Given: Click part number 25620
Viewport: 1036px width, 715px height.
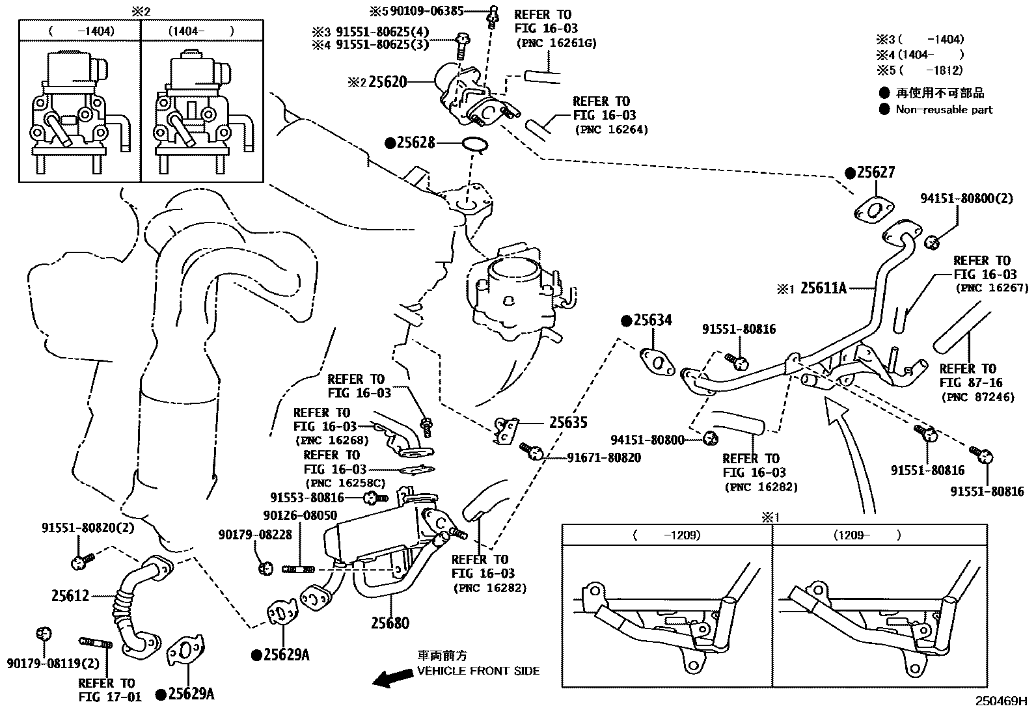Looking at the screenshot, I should (x=388, y=82).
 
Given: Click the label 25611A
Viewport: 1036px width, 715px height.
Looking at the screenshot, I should (x=823, y=288).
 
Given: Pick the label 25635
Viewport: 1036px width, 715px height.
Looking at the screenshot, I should (x=568, y=423).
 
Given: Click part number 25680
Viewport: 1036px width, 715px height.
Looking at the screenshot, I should (x=390, y=623).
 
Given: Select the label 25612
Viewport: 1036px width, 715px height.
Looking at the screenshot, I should (x=70, y=595).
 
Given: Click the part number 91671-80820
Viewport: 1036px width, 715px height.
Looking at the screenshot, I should (x=604, y=458).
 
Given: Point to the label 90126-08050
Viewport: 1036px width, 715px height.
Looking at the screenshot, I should (x=300, y=515).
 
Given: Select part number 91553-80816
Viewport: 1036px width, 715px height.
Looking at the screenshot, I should (x=307, y=498).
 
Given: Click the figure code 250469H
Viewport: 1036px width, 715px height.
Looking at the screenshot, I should (x=1000, y=701).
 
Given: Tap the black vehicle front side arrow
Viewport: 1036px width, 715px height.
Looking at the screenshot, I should (x=392, y=679).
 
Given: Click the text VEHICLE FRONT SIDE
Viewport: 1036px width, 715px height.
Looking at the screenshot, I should (x=478, y=671).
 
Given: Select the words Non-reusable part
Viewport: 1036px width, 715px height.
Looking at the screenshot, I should (x=944, y=109).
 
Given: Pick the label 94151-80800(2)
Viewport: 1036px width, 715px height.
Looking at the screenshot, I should (x=966, y=198).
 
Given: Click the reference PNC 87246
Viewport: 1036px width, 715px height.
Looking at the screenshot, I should (x=977, y=397).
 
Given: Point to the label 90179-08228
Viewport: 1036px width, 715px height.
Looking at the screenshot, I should (x=255, y=534).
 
